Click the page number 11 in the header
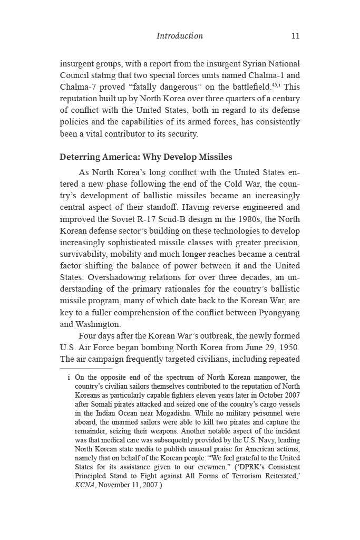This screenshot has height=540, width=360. pyautogui.click(x=295, y=36)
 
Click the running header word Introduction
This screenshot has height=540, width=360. pyautogui.click(x=180, y=36)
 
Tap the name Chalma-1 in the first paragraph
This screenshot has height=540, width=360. pyautogui.click(x=267, y=75)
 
